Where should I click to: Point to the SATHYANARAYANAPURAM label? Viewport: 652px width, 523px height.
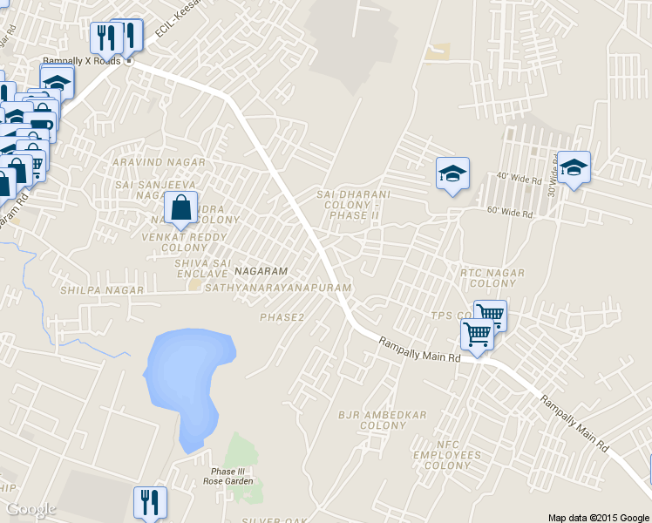[278, 288]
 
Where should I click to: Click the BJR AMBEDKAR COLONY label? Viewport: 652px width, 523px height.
[383, 420]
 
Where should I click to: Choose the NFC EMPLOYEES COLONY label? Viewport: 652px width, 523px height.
[447, 455]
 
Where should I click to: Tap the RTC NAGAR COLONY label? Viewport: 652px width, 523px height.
[492, 278]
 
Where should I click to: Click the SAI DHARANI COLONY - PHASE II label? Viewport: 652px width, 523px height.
[353, 204]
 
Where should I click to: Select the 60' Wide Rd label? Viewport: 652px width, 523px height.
[509, 212]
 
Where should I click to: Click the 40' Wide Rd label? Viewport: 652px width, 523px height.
[519, 177]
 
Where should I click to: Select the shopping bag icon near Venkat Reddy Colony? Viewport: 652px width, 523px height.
[180, 209]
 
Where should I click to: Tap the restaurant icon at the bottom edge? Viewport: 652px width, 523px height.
[150, 502]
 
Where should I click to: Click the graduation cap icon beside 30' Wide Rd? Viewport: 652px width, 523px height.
[573, 168]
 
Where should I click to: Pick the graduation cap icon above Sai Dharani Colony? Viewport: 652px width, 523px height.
[452, 173]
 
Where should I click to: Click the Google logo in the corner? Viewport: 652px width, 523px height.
[31, 509]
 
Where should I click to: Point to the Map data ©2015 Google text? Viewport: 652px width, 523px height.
[599, 517]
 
